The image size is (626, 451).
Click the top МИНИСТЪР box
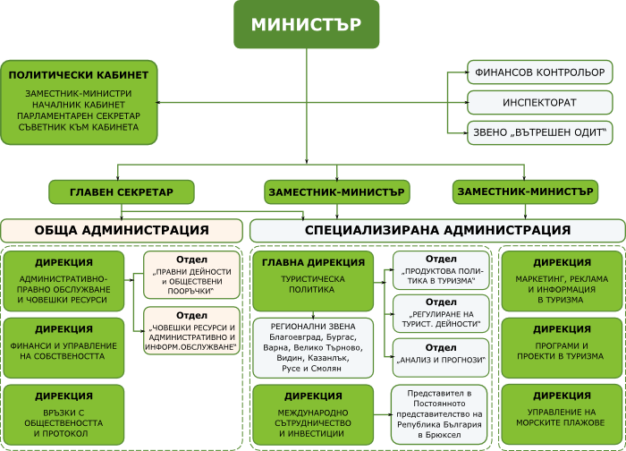pyautogui.click(x=307, y=24)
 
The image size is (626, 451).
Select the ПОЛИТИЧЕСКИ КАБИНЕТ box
pyautogui.click(x=80, y=102)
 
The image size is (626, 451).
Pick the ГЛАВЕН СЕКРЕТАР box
pyautogui.click(x=121, y=191)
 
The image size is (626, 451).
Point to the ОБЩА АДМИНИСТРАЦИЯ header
pyautogui.click(x=122, y=230)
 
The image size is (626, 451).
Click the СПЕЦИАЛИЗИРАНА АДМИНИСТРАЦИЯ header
pyautogui.click(x=436, y=230)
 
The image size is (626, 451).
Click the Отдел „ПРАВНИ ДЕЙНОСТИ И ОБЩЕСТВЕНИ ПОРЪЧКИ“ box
pyautogui.click(x=191, y=274)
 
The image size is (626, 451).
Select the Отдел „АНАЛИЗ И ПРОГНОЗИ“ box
pyautogui.click(x=441, y=356)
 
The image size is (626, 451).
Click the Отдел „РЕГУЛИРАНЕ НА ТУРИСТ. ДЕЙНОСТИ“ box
pyautogui.click(x=441, y=314)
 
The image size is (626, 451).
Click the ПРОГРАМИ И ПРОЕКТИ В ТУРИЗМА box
pyautogui.click(x=562, y=345)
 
